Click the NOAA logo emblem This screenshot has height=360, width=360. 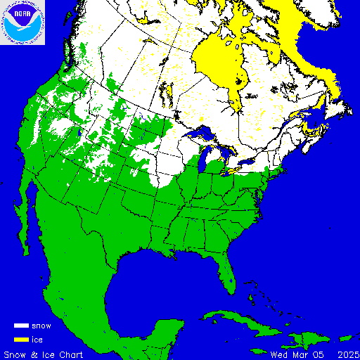click(23, 22)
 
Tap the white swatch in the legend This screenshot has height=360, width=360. click(22, 326)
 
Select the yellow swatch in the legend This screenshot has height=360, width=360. click(22, 340)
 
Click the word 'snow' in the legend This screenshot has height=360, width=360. click(41, 326)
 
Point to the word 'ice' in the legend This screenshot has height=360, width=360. click(38, 340)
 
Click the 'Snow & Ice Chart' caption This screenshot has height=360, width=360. click(44, 354)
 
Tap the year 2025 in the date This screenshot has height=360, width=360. click(347, 354)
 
